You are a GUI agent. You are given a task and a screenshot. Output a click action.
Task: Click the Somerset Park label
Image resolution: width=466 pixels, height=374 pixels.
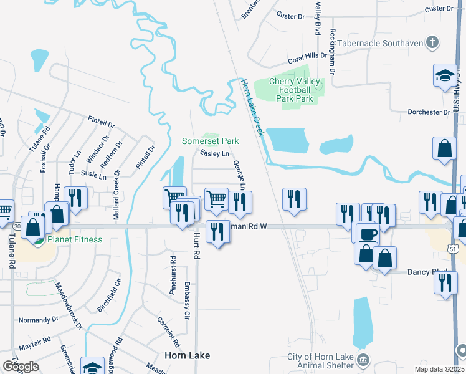click(210, 141)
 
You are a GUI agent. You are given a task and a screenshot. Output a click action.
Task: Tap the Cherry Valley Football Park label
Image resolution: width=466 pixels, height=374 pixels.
click(295, 90)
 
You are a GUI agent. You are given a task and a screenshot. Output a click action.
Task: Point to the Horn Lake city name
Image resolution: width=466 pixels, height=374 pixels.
click(187, 355)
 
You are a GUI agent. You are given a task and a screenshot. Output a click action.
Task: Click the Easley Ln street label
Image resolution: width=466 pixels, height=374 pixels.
click(215, 153)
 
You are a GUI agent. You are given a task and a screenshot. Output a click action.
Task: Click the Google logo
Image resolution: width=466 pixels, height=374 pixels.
click(21, 366)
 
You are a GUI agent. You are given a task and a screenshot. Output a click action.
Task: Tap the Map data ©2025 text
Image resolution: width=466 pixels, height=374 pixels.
click(439, 369)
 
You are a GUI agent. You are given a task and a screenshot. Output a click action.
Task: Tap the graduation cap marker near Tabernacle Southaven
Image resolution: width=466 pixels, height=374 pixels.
click(445, 75)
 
